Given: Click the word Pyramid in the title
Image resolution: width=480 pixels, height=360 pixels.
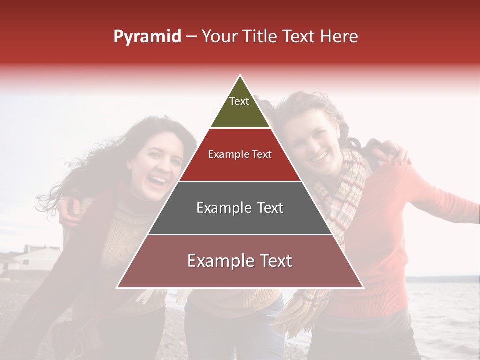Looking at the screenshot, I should [147, 37].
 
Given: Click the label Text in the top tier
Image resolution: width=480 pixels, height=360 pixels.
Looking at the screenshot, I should [239, 101].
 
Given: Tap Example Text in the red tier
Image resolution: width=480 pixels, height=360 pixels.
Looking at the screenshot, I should [240, 154].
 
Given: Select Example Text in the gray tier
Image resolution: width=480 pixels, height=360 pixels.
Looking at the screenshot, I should [240, 208].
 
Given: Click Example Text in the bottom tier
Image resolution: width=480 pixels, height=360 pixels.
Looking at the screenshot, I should [240, 261].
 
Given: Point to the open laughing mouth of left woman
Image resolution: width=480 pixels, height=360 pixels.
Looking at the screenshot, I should [159, 179].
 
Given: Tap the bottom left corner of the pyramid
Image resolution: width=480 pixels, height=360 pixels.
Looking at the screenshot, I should [118, 287].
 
